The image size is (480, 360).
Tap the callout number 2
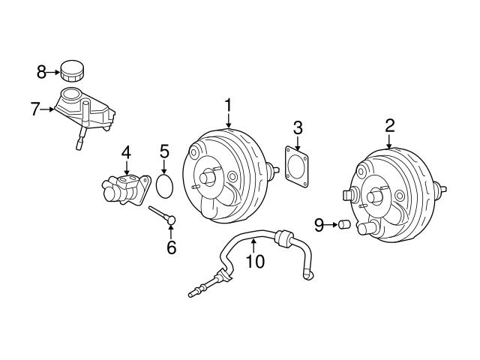point(389,125)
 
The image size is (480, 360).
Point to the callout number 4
point(126,153)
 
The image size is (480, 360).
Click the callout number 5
point(165,153)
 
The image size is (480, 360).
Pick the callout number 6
point(171,247)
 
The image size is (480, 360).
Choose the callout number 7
point(34,109)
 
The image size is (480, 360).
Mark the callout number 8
point(41,72)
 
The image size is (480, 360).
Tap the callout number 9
point(318,223)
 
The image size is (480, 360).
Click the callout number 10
point(255,262)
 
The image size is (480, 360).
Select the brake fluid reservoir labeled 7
point(84,112)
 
